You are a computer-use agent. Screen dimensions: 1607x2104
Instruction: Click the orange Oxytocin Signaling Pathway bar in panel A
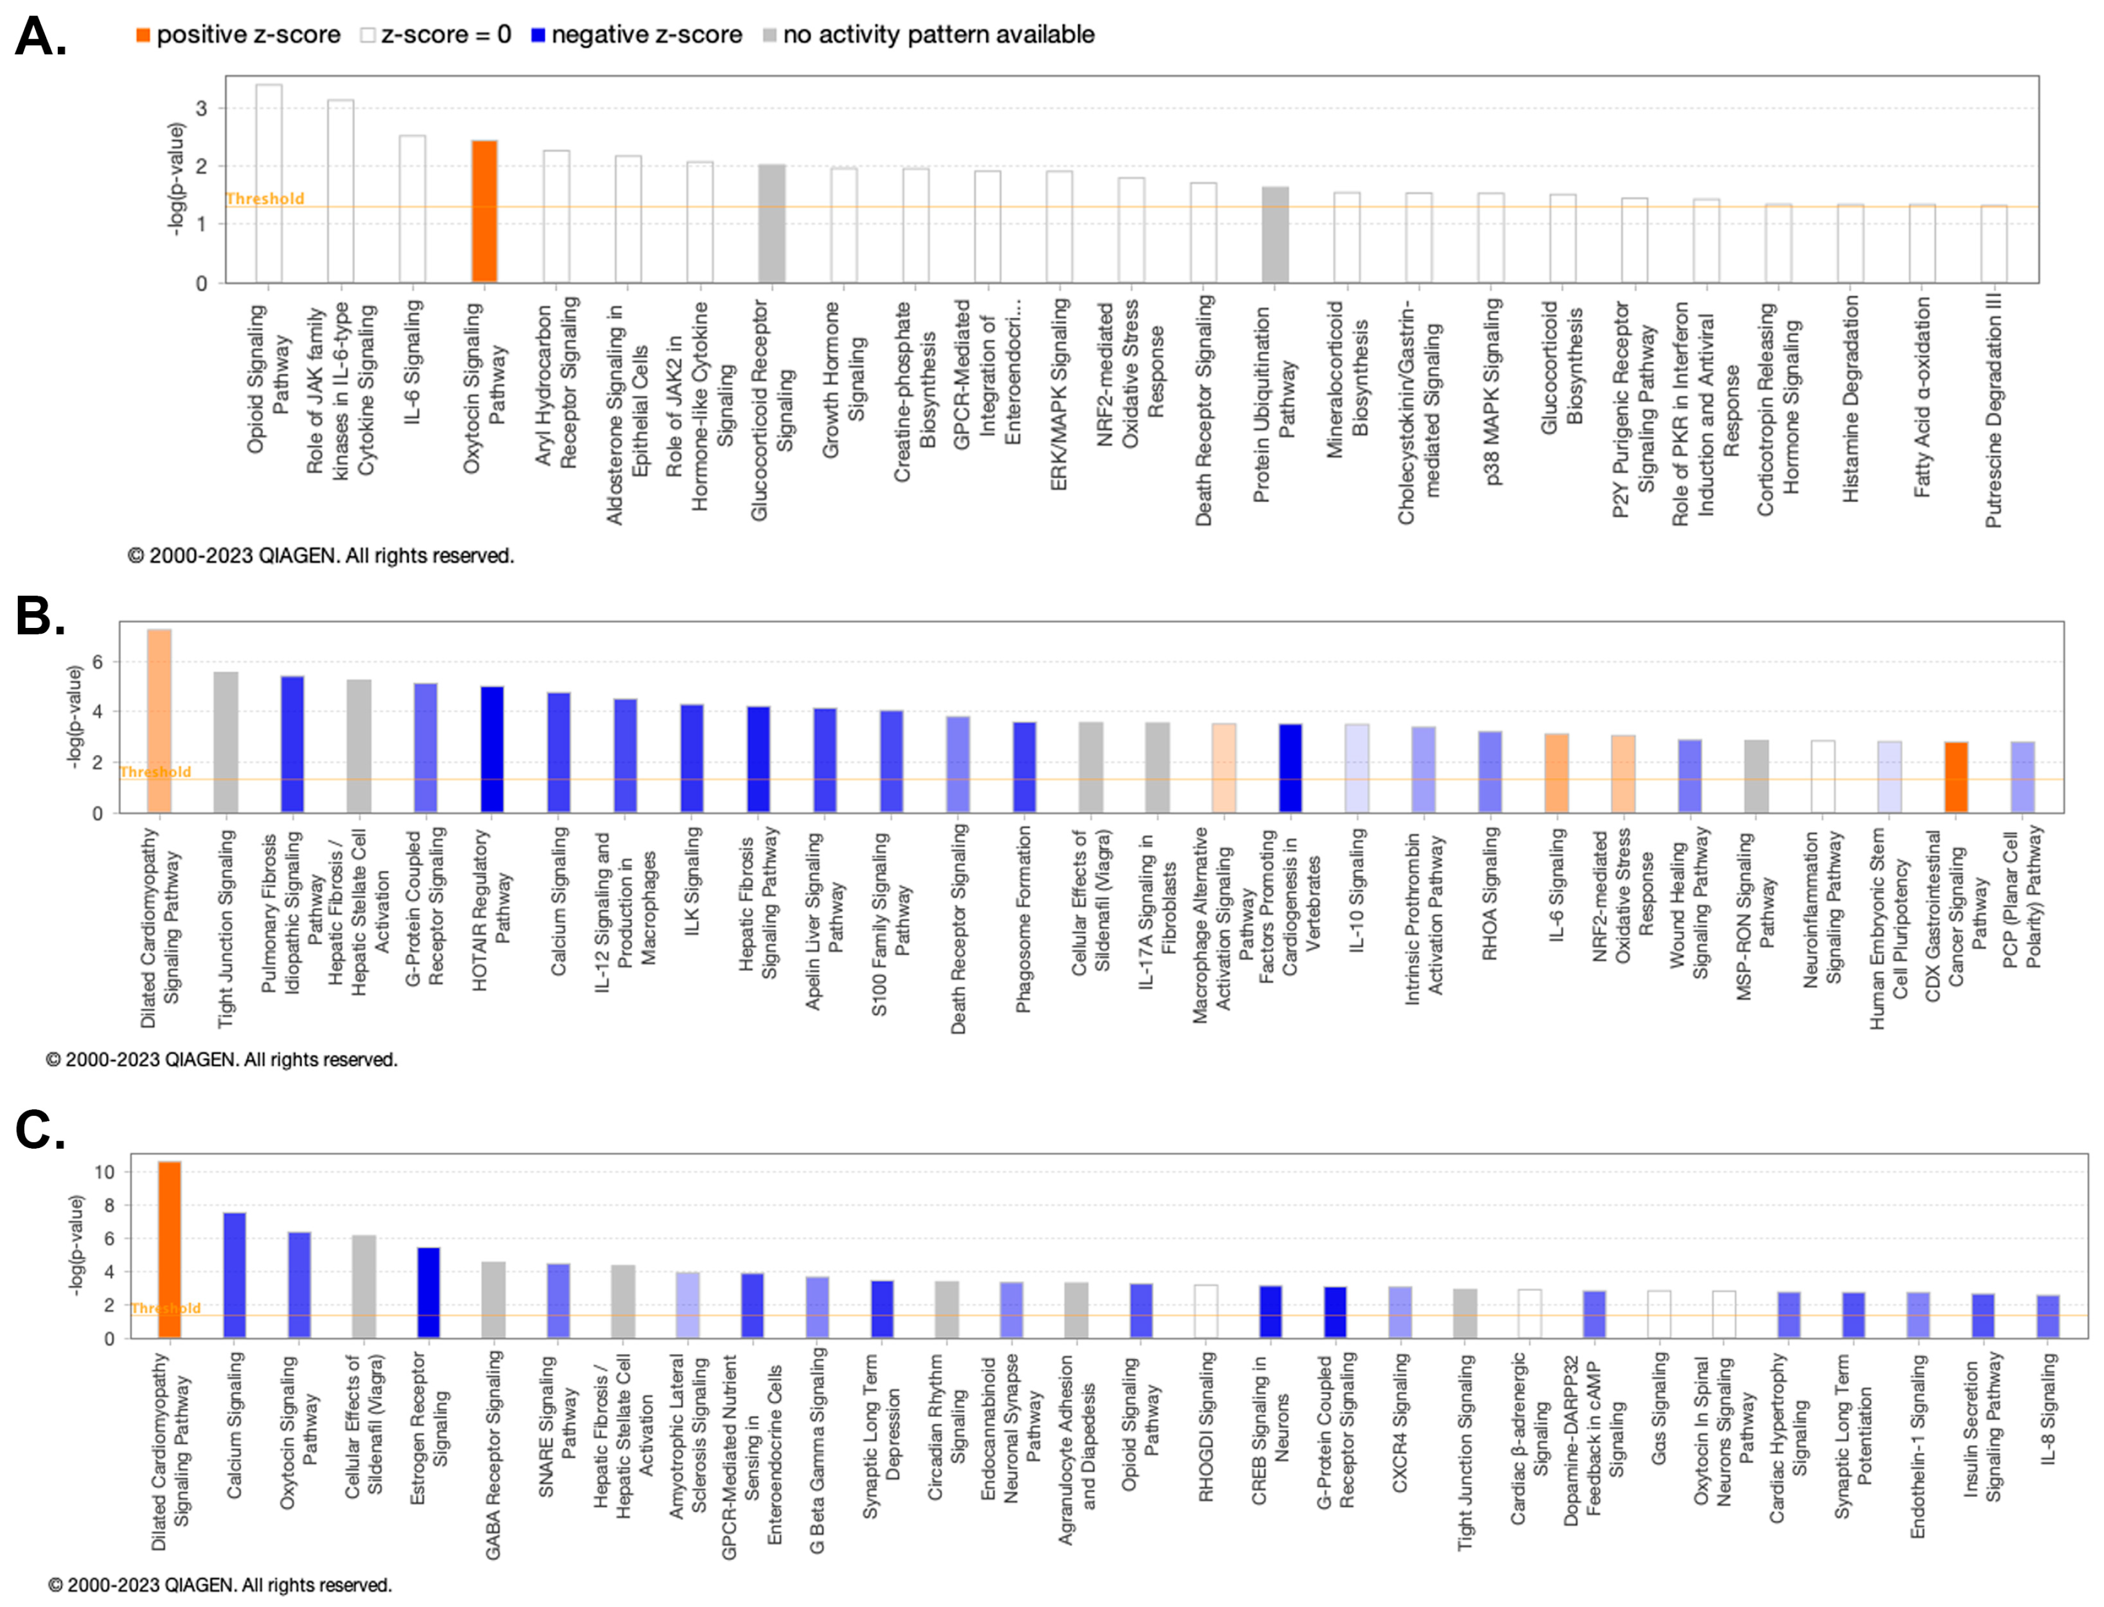point(484,212)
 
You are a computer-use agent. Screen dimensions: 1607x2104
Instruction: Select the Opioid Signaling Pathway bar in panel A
point(268,184)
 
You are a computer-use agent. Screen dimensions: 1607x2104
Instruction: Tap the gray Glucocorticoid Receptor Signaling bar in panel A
point(772,224)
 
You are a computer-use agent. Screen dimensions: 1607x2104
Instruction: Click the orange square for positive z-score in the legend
point(142,35)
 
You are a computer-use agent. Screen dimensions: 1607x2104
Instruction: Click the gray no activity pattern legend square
point(769,35)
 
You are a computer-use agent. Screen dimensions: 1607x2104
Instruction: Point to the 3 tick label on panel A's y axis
point(201,108)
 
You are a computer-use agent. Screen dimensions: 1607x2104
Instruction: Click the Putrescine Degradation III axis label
point(1993,411)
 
